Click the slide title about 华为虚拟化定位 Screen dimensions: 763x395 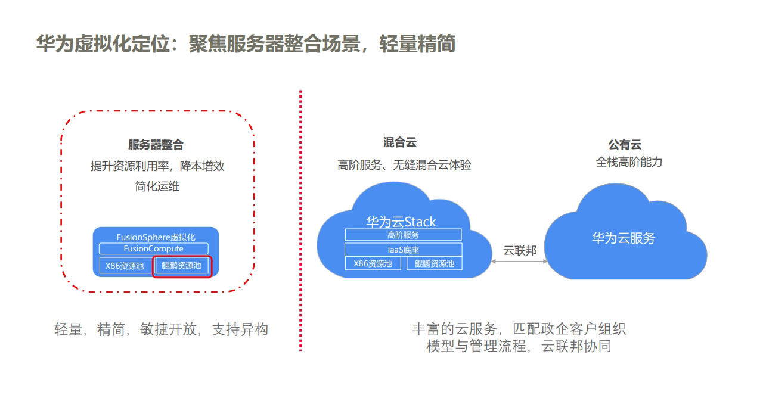(x=246, y=44)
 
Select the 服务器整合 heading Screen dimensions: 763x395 (x=156, y=145)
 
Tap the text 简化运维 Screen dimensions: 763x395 (x=157, y=186)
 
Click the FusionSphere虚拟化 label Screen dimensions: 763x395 (x=156, y=237)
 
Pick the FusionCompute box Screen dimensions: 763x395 (x=154, y=248)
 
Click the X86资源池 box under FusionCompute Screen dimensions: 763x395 (x=125, y=266)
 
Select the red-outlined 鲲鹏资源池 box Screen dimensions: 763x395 (x=182, y=267)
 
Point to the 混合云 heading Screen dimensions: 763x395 (x=399, y=142)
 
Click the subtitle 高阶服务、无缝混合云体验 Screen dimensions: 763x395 (x=404, y=165)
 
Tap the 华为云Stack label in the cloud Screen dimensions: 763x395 (x=401, y=222)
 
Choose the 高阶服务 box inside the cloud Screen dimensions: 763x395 (x=404, y=235)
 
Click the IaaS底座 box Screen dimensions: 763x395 (x=404, y=250)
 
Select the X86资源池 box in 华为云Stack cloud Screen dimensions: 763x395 (x=373, y=263)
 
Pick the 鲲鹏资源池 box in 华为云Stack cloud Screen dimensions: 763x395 (x=435, y=263)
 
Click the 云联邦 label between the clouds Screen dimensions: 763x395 (x=520, y=251)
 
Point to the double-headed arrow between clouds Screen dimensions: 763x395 (x=519, y=262)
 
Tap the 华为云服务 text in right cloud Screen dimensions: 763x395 (x=624, y=238)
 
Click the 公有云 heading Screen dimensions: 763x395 (x=625, y=145)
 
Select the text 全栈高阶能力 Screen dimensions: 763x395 (x=629, y=162)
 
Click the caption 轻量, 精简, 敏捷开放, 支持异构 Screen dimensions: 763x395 (x=161, y=329)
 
